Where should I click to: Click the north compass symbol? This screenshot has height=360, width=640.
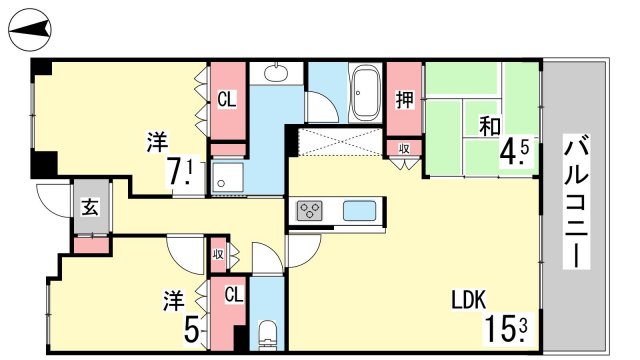click(30, 30)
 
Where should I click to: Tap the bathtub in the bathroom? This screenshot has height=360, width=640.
click(366, 93)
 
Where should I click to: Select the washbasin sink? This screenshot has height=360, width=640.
click(276, 73)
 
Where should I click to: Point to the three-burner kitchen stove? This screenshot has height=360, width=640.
click(310, 211)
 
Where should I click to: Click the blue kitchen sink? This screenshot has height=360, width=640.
click(359, 211)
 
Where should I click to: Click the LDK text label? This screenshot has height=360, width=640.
click(469, 300)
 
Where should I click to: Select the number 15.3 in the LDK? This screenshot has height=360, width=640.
click(507, 329)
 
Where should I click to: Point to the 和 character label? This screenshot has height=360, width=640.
click(490, 126)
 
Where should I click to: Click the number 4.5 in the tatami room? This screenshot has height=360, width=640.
click(516, 152)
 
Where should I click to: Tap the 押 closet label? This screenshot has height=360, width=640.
click(404, 99)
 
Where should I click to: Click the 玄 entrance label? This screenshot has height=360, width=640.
click(90, 207)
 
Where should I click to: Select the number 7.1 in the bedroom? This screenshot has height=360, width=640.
click(180, 170)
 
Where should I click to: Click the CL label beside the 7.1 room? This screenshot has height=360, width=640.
click(227, 99)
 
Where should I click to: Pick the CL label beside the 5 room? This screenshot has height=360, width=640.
click(233, 294)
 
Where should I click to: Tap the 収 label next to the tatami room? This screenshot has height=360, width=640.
click(404, 149)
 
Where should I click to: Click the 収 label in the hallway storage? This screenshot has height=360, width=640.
click(218, 254)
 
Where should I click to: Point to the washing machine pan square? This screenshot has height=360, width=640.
click(228, 177)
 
